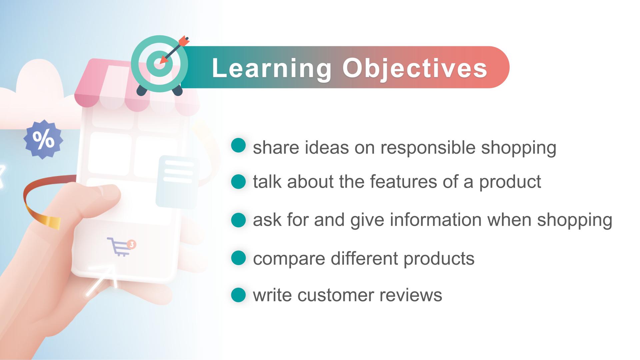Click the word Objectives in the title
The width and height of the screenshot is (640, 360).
(415, 69)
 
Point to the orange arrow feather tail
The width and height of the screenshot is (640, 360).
(184, 41)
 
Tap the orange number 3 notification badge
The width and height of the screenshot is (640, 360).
(132, 245)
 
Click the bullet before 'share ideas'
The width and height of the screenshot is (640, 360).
(238, 145)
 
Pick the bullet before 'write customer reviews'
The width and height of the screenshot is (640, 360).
(238, 295)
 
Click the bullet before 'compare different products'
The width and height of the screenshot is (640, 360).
(238, 258)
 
